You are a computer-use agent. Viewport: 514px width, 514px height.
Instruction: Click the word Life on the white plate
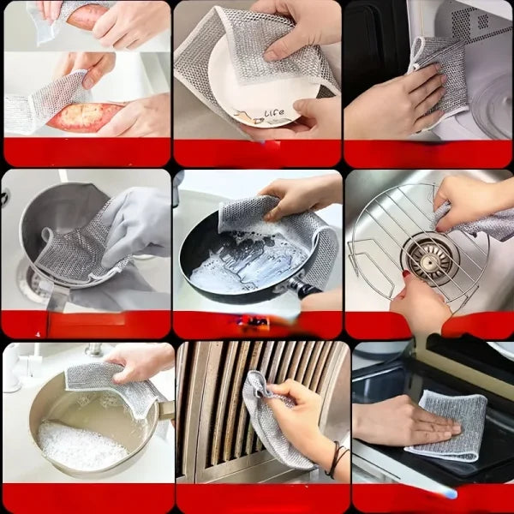(274, 113)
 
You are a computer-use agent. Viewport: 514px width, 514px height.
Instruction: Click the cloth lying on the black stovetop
(446, 424)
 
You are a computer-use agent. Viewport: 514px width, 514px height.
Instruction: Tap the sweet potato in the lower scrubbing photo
(86, 116)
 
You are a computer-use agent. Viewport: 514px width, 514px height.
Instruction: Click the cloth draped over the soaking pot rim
(107, 380)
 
